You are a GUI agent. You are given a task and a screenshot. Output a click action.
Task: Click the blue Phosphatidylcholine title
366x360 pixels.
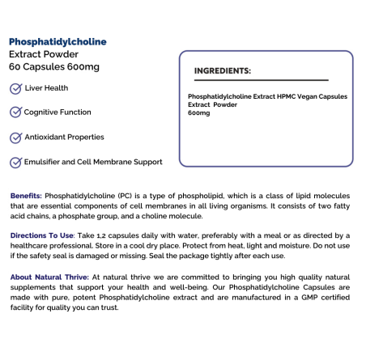(57, 41)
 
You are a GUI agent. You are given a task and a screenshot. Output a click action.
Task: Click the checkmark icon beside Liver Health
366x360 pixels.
(15, 88)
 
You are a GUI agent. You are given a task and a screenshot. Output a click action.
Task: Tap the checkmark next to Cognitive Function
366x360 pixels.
(15, 112)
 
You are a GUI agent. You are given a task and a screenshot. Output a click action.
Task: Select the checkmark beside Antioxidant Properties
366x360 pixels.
(15, 138)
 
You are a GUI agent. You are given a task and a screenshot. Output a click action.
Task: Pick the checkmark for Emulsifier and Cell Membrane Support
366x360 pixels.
(15, 163)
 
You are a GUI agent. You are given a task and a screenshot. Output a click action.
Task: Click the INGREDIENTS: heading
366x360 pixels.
(222, 71)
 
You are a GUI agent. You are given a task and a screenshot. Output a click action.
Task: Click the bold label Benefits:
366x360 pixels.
(27, 197)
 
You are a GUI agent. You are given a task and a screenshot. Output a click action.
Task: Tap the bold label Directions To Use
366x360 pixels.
(41, 235)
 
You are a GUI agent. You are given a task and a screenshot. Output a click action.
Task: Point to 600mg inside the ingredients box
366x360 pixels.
(198, 113)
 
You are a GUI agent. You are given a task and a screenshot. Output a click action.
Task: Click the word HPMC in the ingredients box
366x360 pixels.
(283, 97)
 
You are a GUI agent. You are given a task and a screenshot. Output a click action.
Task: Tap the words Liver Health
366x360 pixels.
(46, 88)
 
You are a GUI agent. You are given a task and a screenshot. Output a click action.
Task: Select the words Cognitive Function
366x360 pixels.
(57, 112)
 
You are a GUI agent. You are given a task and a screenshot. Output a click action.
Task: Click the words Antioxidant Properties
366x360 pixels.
(64, 138)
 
